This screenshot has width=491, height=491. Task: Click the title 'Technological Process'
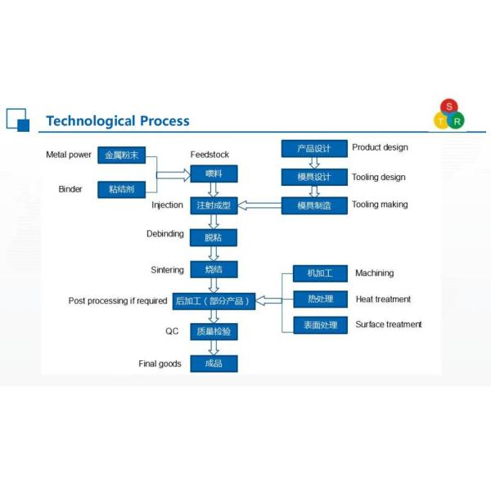[117, 121]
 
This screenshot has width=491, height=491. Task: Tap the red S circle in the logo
[449, 107]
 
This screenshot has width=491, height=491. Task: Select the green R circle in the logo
[457, 121]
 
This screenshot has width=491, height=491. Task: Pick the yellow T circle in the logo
[442, 121]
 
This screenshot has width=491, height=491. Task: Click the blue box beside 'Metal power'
[121, 155]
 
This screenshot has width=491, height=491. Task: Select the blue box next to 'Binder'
[121, 189]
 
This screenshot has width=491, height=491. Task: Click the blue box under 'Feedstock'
[214, 173]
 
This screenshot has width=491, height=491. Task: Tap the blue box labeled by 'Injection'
[214, 205]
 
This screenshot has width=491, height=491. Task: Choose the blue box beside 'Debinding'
[214, 237]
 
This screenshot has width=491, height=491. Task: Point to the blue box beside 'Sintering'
[214, 268]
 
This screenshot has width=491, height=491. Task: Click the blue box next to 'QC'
[214, 331]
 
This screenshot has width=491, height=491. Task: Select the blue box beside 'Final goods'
[214, 363]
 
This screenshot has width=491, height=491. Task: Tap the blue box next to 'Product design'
[314, 148]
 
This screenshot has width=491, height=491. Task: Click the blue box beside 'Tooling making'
[314, 205]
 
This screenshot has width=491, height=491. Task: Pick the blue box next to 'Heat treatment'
[320, 300]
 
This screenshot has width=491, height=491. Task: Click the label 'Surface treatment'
[389, 325]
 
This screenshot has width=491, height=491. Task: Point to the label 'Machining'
[374, 273]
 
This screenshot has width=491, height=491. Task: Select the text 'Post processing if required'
[118, 301]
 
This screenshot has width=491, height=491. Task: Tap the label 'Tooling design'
[379, 177]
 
